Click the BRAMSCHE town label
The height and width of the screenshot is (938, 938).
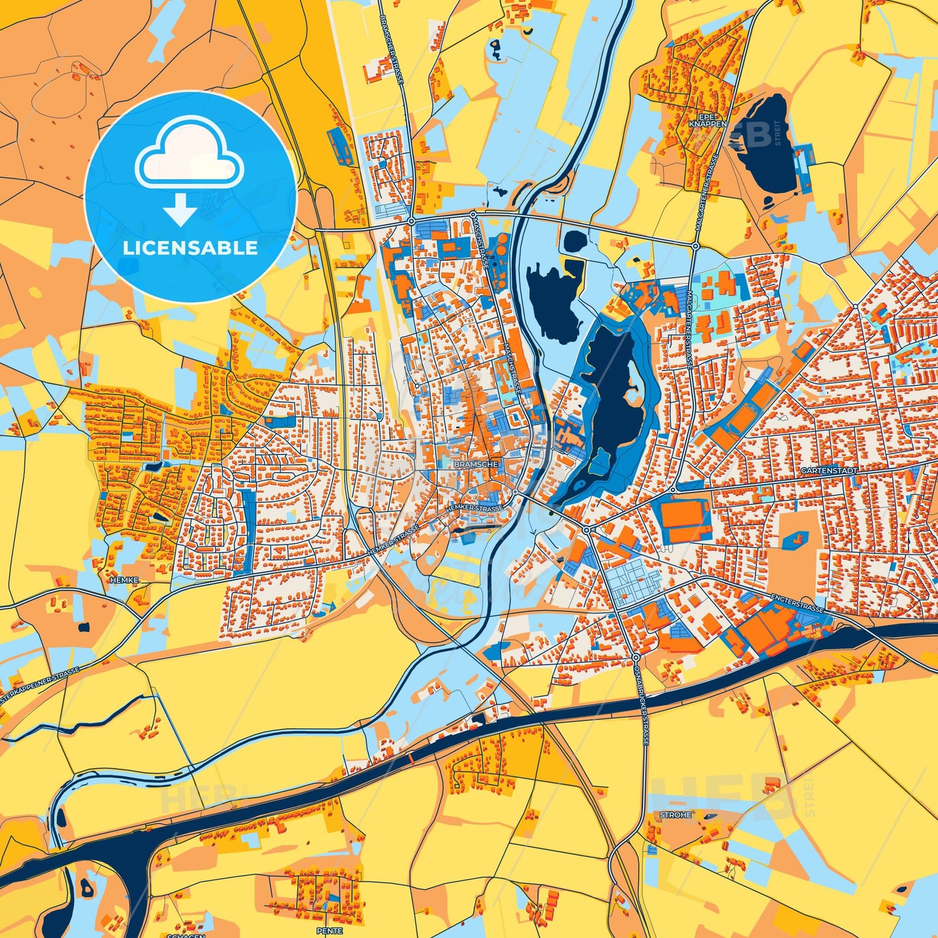[476, 465]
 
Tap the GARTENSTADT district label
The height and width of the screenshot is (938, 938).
[829, 470]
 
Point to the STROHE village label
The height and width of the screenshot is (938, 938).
[676, 815]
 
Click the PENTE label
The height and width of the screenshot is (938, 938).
[329, 931]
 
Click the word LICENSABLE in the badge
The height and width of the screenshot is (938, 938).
[190, 247]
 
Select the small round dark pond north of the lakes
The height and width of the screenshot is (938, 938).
[575, 241]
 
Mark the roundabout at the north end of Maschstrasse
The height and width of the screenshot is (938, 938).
[473, 214]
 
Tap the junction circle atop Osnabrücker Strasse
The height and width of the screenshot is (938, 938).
[635, 658]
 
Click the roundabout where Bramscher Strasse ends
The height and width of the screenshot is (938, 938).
[412, 221]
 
